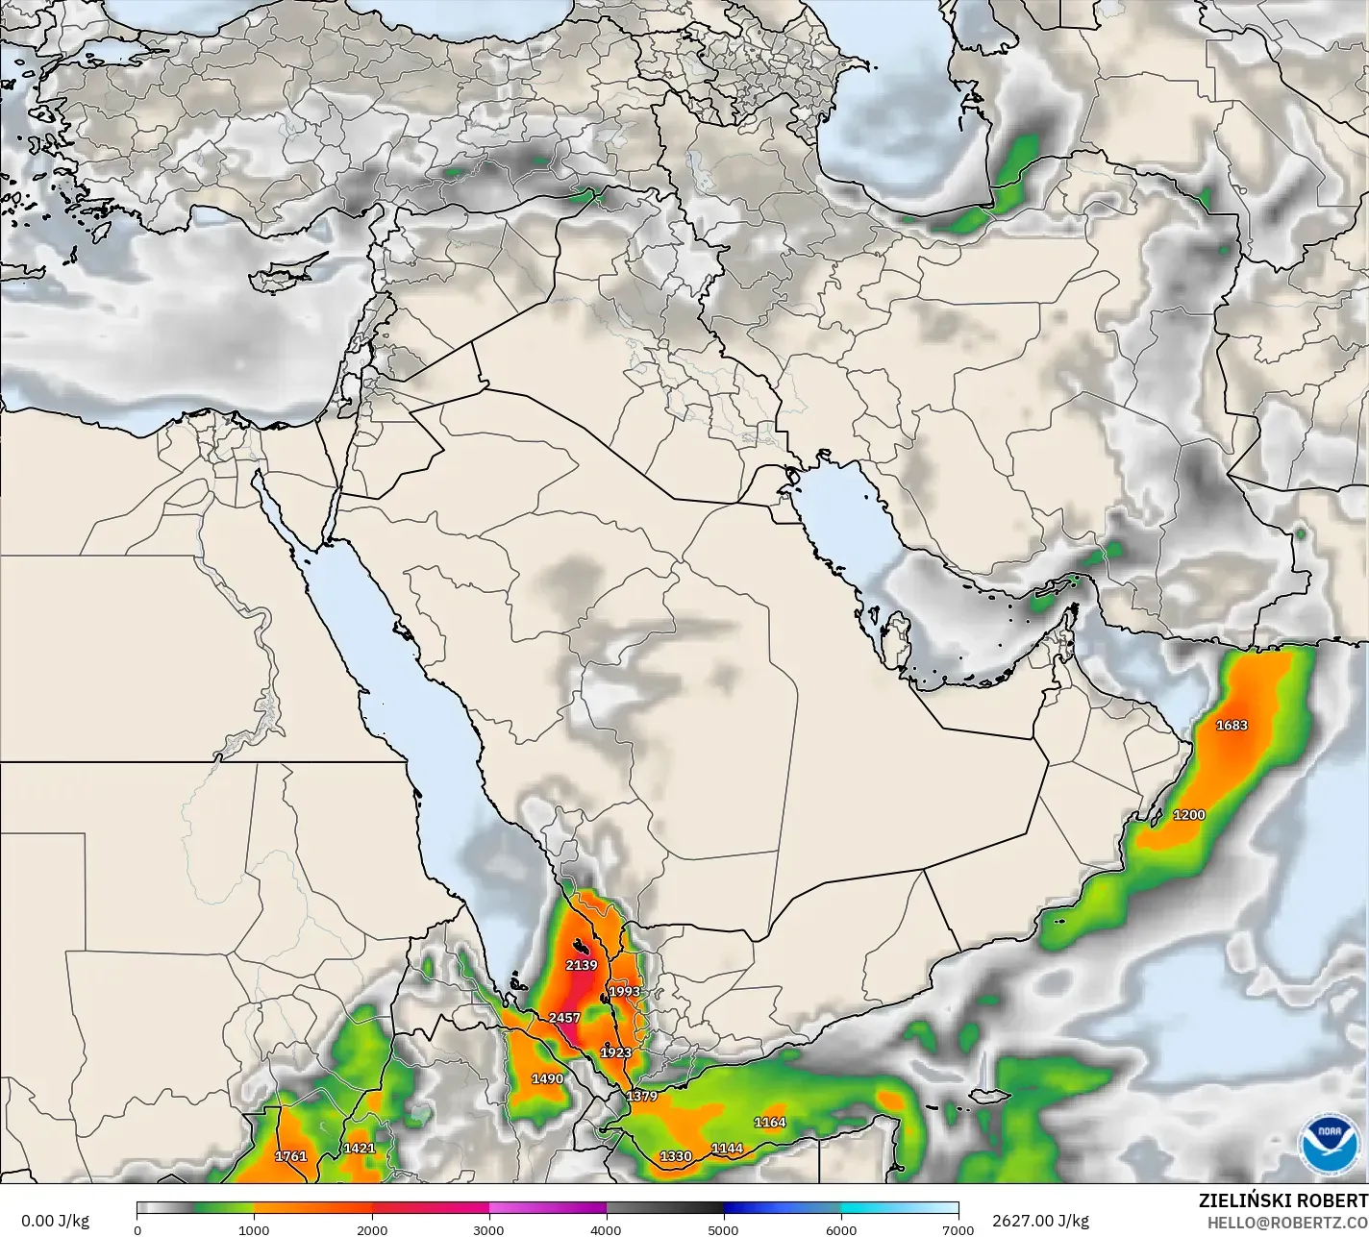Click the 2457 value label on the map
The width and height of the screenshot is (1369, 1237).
point(564,1018)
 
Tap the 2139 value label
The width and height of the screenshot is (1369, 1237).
point(582,965)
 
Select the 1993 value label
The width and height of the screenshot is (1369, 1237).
point(624,992)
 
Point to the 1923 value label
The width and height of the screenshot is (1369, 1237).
point(616,1052)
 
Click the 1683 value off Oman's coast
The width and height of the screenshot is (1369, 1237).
point(1232,725)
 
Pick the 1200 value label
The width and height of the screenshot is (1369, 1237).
point(1189,815)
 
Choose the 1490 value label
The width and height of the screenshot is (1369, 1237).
point(548,1078)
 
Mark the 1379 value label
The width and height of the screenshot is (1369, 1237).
point(641,1097)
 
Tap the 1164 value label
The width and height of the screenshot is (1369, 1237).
point(770,1122)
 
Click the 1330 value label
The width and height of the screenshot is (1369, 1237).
point(676,1155)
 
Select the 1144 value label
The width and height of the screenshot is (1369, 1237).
point(727,1148)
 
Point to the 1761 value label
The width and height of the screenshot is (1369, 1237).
point(291,1156)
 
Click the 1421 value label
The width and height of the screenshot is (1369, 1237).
point(360,1148)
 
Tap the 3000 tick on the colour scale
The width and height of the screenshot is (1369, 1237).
point(489,1229)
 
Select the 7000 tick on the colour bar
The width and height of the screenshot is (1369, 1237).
point(958,1229)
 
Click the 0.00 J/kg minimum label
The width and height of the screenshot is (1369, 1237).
point(55,1221)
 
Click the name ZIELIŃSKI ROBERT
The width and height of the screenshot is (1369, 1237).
point(1282,1200)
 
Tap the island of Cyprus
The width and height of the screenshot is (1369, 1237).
point(272,278)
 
